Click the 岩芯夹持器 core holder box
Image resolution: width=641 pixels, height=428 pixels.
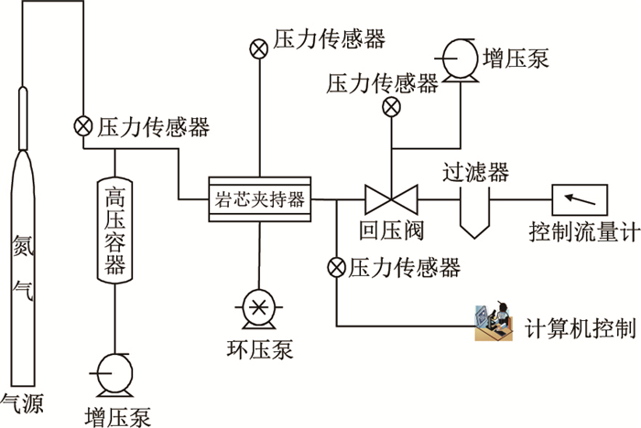259,197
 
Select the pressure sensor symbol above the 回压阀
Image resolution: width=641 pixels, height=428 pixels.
391,107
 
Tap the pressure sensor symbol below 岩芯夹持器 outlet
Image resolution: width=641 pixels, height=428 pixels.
336,268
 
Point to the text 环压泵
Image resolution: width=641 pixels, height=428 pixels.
259,348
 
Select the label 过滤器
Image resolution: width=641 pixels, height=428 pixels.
475,171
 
